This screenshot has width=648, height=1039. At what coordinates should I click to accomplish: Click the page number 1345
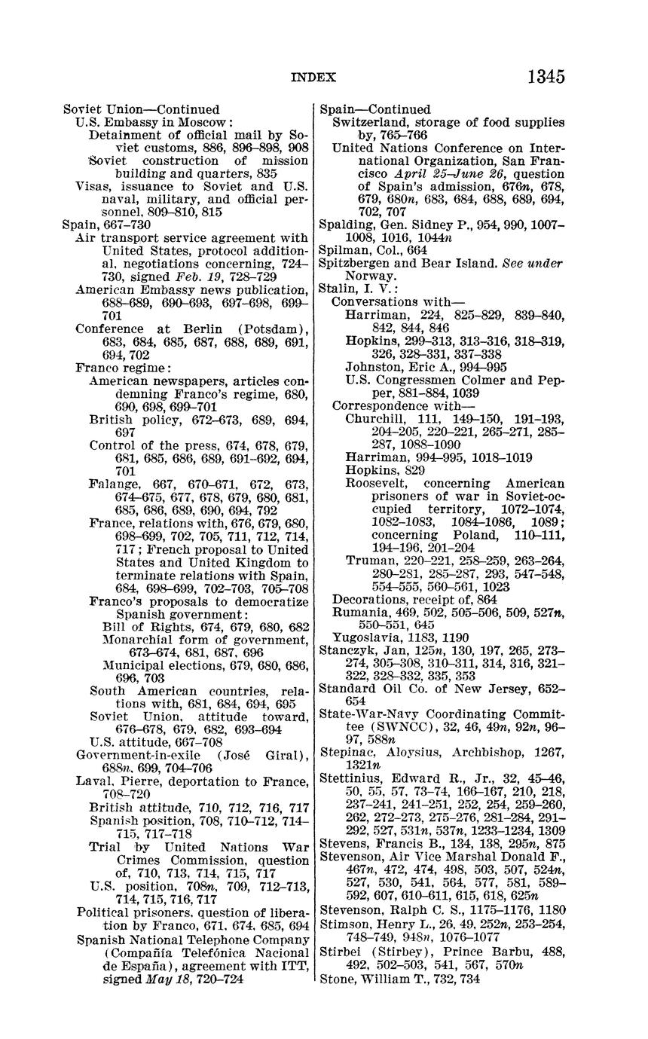(546, 77)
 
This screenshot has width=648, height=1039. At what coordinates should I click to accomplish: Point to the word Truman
(368, 560)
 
